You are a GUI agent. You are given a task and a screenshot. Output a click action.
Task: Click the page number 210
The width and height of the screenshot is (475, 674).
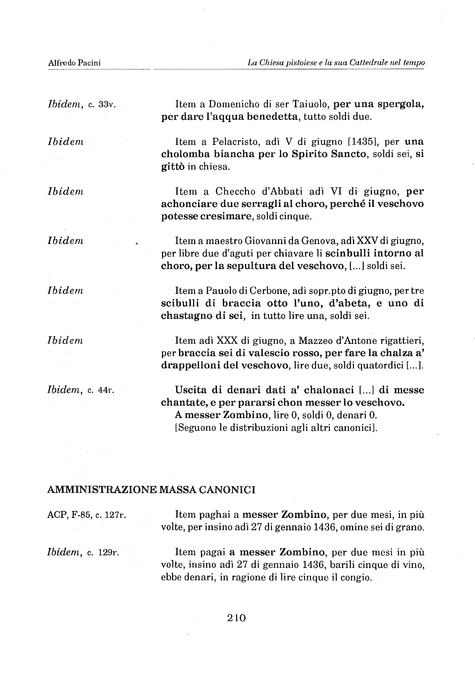click(x=236, y=618)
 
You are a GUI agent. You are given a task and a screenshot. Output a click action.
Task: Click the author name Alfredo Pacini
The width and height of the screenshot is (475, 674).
click(x=74, y=63)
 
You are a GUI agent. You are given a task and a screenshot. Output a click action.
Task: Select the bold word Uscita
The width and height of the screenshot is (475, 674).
click(x=191, y=390)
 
